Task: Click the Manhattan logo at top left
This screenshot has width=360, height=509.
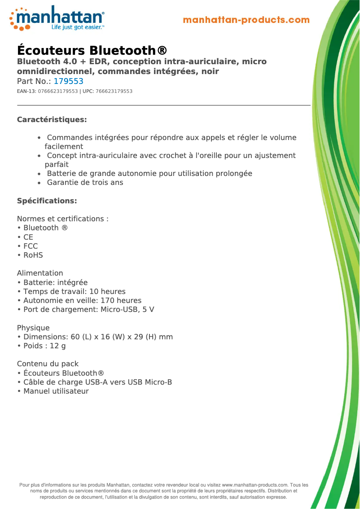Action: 57,18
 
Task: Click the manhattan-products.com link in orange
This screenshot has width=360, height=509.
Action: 246,20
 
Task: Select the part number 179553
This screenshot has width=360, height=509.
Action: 68,82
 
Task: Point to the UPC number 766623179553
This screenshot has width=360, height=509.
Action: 114,92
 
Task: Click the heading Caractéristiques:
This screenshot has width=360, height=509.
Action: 52,120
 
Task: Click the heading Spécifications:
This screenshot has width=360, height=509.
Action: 47,201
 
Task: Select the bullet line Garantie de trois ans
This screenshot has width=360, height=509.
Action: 85,182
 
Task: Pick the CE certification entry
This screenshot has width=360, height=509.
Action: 28,237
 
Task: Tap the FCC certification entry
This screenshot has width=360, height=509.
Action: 30,246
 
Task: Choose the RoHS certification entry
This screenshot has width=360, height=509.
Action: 33,255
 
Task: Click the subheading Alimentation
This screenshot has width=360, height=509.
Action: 40,273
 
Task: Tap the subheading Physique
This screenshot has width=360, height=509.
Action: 33,328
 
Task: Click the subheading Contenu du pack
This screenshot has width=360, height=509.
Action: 48,364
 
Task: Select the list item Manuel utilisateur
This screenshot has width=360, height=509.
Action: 56,391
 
